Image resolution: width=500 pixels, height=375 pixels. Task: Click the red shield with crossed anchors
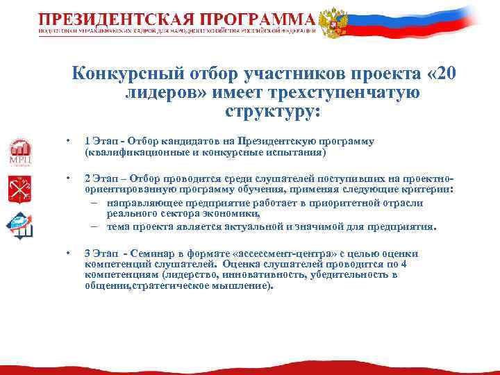click(19, 189)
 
